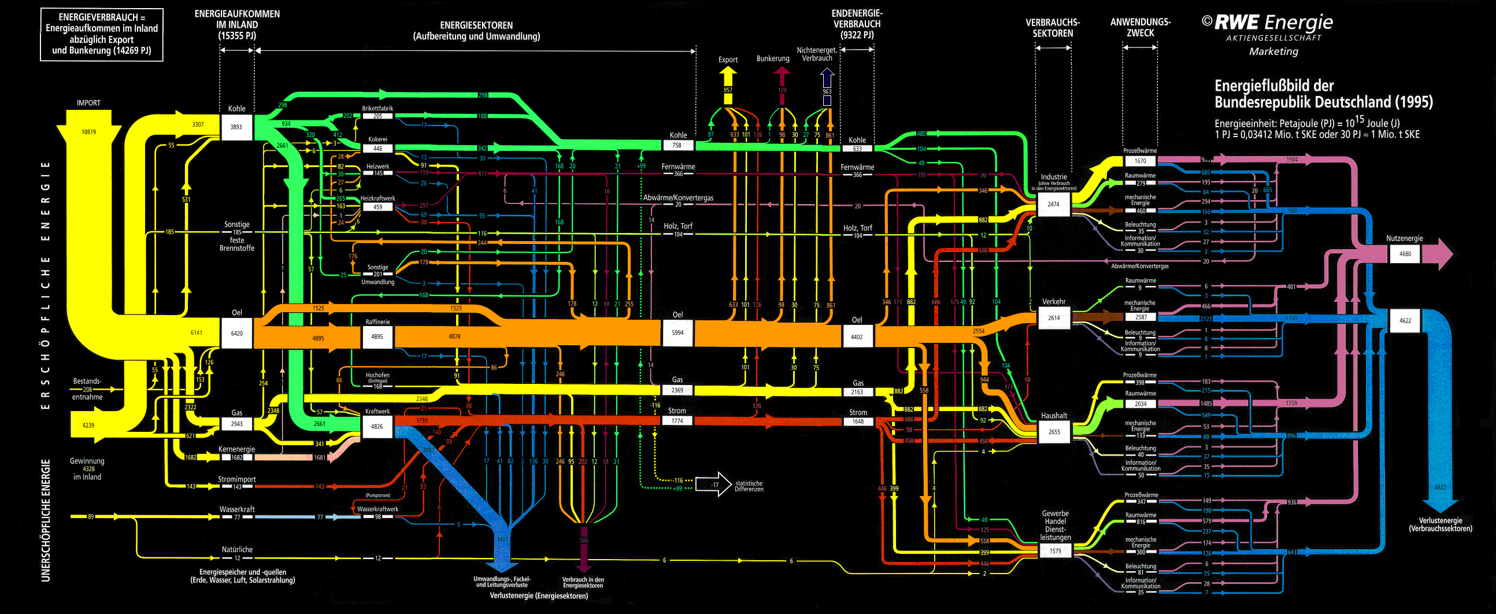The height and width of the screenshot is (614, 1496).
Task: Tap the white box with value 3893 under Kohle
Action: coord(236,127)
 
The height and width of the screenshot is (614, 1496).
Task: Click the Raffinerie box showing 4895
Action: coord(377,336)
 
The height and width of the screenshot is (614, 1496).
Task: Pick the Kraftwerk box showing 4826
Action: coord(377,426)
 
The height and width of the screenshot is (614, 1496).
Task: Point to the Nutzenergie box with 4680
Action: coord(1405,254)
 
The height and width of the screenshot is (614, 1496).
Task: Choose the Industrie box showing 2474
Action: coord(1053,205)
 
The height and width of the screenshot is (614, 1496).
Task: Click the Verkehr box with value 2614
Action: coord(1054,318)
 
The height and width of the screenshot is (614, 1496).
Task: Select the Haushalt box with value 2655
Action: coord(1054,432)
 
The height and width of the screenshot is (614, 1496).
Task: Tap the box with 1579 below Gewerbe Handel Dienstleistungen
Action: coord(1055,550)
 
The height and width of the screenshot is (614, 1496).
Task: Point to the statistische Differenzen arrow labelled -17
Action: coord(714,484)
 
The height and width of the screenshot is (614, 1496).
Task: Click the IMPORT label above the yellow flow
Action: coord(88,103)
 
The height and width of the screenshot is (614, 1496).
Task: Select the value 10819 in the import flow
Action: coord(88,132)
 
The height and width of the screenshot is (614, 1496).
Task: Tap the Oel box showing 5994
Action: coord(677,333)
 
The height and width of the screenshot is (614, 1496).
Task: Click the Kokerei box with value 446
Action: coord(377,149)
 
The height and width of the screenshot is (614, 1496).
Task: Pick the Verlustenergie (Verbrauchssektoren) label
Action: coord(1441,524)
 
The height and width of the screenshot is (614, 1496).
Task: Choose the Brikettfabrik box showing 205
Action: coord(377,116)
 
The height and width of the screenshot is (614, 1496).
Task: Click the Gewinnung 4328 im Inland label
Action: coord(87,469)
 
